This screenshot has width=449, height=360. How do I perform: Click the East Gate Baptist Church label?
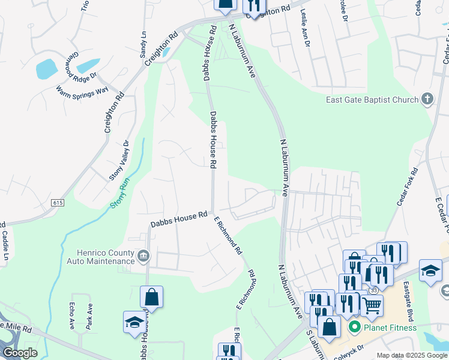pos(372,100)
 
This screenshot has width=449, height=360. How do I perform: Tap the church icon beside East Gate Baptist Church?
pos(427,99)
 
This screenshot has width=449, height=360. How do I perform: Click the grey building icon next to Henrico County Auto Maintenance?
pos(143,257)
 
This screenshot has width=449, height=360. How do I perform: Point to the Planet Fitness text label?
pos(391,328)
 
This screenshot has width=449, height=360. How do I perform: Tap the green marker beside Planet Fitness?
pos(354,328)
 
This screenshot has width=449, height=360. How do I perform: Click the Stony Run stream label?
pos(120,196)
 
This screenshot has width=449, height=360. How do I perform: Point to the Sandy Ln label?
pos(143,44)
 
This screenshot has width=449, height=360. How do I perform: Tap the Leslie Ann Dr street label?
pos(304,28)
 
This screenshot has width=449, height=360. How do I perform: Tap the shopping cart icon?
pos(372,305)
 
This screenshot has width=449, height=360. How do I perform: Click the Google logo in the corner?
pos(20,353)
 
